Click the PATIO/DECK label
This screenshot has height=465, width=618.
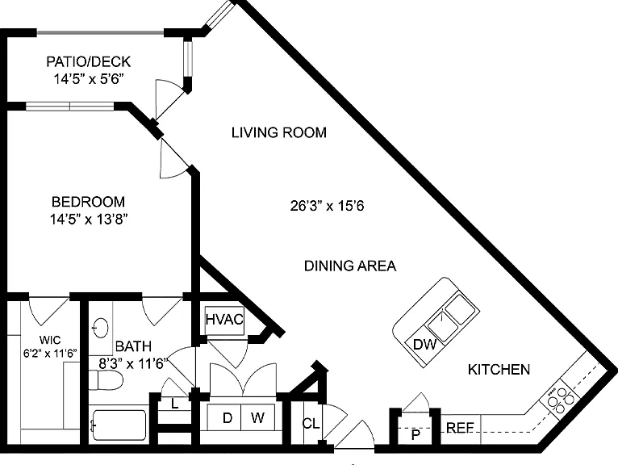(x=88, y=62)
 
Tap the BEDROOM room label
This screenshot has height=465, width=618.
(x=88, y=202)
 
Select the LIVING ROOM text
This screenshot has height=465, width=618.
(x=279, y=132)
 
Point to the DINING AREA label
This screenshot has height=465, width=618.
(x=350, y=266)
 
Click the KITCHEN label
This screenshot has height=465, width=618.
(x=499, y=370)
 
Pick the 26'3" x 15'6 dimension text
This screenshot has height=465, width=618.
(x=327, y=206)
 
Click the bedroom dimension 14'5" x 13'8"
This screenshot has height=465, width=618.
(x=89, y=220)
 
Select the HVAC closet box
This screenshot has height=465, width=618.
(x=224, y=320)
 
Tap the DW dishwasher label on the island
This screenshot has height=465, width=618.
(x=424, y=345)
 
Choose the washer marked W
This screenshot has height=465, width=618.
(x=257, y=417)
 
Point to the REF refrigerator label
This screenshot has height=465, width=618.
(x=460, y=428)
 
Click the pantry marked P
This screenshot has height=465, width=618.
(x=415, y=435)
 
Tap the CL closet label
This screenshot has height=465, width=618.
(x=311, y=424)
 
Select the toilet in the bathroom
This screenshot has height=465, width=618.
(x=105, y=380)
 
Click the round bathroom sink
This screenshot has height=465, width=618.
(x=100, y=327)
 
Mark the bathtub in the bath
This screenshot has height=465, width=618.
(x=119, y=425)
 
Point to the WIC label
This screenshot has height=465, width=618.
(x=50, y=340)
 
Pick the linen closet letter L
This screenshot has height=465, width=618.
(x=174, y=404)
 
